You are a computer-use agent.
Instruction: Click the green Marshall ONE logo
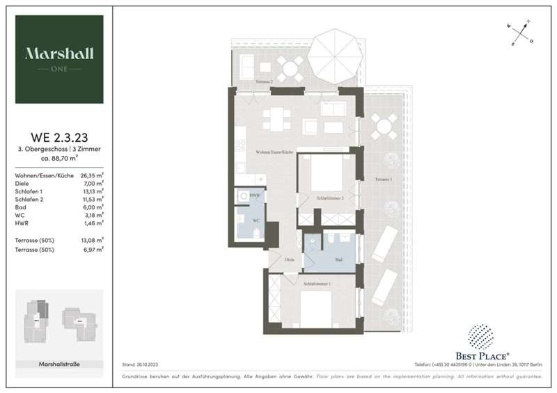tap(59, 59)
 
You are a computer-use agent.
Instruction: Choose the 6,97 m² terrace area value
tap(93, 248)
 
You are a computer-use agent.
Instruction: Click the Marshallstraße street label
tap(59, 364)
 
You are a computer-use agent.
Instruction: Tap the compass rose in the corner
tap(521, 33)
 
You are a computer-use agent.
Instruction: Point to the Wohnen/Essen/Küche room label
tap(274, 152)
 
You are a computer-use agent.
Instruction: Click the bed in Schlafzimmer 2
tap(327, 174)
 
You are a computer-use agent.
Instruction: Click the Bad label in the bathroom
tap(338, 259)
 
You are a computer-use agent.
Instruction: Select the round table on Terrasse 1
tap(382, 128)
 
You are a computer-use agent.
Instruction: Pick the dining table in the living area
tap(278, 120)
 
